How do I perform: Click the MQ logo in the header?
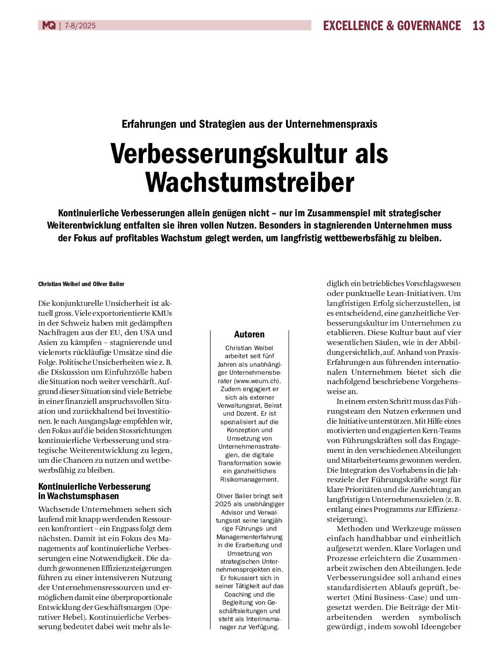pos(49,25)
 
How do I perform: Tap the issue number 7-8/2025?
pos(80,25)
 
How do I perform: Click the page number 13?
pos(478,25)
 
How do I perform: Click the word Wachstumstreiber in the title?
pos(249,183)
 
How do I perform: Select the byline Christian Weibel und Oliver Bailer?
pos(81,284)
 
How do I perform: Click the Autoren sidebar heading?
pos(249,335)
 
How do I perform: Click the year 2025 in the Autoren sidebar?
pos(223,504)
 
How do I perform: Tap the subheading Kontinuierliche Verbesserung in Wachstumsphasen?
pos(94,491)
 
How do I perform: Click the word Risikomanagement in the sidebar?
pos(249,479)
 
